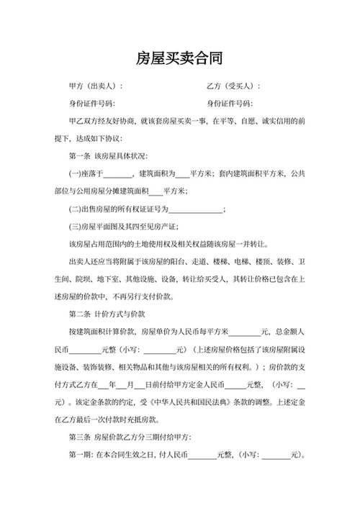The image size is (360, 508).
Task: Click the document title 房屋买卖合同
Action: tap(179, 58)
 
